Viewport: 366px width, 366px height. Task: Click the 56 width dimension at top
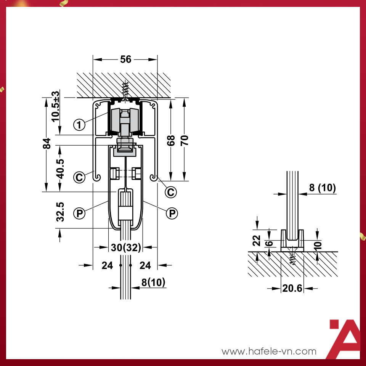coord(125,59)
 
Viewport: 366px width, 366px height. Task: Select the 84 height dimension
coord(47,143)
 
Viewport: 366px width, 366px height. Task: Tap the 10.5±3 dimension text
coord(56,106)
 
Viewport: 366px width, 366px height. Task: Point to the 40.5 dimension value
coord(60,169)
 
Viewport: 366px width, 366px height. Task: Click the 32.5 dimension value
coord(60,212)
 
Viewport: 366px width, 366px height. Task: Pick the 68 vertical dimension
coord(171,141)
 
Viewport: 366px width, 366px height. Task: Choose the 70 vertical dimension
coord(185,141)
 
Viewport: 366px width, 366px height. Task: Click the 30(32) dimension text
coord(126,247)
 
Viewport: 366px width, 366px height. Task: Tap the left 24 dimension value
coord(107,265)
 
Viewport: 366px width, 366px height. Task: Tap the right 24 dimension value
coord(145,265)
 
